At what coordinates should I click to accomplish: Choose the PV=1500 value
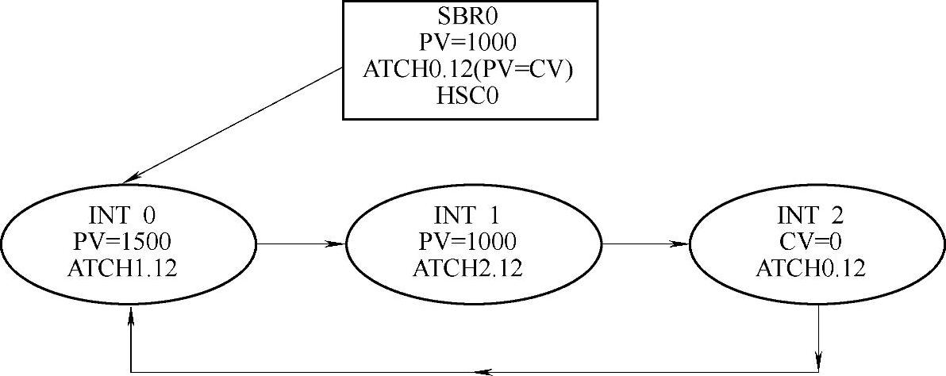tap(129, 242)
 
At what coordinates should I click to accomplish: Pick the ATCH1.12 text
tap(129, 268)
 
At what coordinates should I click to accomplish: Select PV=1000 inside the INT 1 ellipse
tap(473, 242)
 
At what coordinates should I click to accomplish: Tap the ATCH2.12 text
tap(473, 268)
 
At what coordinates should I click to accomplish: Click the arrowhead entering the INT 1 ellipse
tap(339, 244)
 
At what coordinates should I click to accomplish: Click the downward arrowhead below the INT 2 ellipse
tap(819, 356)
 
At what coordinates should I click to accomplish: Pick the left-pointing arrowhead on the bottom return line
tap(479, 371)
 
